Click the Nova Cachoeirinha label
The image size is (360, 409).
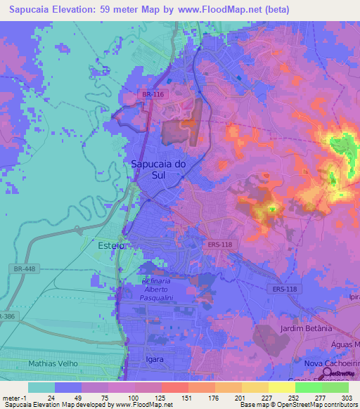click(330, 363)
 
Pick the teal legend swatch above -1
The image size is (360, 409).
click(41, 387)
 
